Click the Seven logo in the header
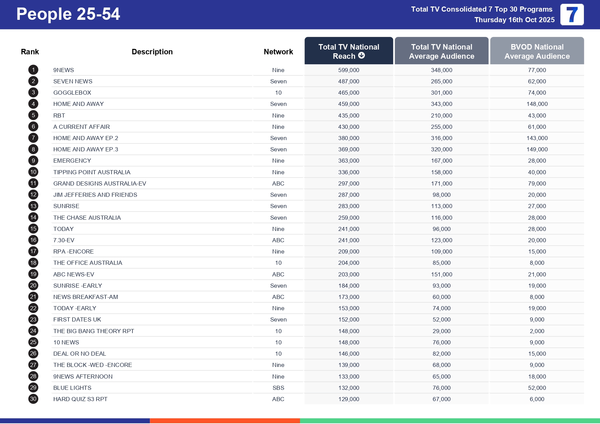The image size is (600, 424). click(572, 14)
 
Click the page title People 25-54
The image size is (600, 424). click(68, 14)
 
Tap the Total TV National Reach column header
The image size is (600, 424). click(349, 51)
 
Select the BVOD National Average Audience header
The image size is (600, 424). click(537, 51)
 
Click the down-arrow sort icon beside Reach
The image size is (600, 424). click(362, 56)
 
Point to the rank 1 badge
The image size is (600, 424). click(33, 70)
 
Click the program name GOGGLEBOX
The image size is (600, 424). click(72, 93)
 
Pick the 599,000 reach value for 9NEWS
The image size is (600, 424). click(349, 70)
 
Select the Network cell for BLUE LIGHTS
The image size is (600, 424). click(278, 388)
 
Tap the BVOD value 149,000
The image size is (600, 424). click(537, 149)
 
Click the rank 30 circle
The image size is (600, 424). click(33, 399)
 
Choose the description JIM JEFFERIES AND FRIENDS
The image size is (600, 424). click(95, 195)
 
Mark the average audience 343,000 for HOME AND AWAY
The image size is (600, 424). click(441, 104)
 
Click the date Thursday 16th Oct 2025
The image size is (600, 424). click(514, 20)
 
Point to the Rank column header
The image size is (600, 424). click(30, 52)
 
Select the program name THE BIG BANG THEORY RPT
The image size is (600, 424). click(94, 331)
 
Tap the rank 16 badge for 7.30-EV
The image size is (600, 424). click(33, 240)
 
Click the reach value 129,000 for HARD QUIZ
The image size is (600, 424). click(349, 399)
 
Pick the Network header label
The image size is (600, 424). click(278, 52)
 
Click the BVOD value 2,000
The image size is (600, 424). click(537, 331)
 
